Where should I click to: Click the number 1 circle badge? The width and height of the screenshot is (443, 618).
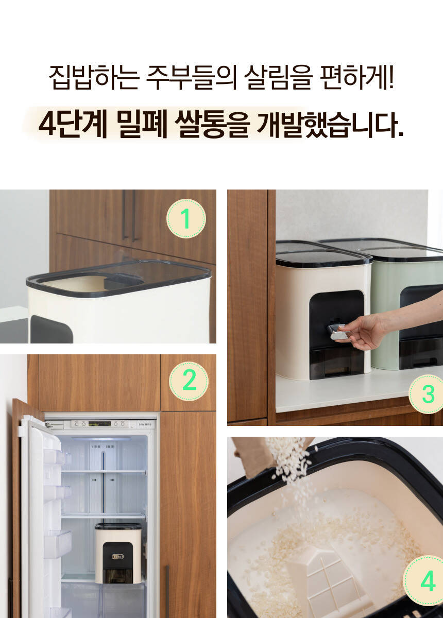click(186, 218)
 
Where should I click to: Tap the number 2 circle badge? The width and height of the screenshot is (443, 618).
click(189, 381)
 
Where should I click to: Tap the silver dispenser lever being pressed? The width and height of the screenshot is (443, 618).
click(337, 332)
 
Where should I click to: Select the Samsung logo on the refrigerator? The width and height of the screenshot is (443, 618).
click(145, 424)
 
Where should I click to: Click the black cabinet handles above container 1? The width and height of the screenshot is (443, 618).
click(129, 215)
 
